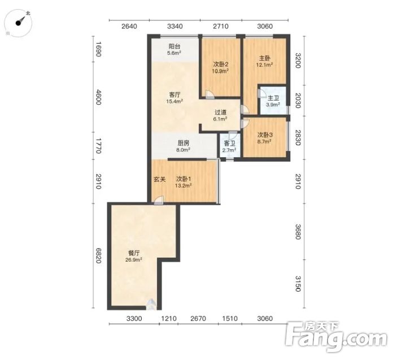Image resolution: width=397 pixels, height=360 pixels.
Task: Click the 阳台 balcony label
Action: (x=174, y=46)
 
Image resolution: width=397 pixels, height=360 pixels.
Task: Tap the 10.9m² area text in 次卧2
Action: (x=220, y=71)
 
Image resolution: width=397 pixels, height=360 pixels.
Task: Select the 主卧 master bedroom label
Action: (x=265, y=58)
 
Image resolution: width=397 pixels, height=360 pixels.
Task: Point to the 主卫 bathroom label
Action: (x=273, y=98)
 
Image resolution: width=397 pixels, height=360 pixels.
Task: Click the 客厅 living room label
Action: (x=174, y=95)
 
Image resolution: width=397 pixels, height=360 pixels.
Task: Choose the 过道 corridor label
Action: (x=220, y=112)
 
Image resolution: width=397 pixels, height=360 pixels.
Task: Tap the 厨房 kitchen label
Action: (x=184, y=143)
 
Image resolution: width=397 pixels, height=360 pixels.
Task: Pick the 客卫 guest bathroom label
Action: (x=229, y=144)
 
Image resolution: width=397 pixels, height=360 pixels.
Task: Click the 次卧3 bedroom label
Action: (x=265, y=135)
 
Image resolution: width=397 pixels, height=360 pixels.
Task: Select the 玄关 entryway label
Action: (x=160, y=179)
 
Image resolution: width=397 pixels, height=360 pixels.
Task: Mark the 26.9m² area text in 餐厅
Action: (x=133, y=259)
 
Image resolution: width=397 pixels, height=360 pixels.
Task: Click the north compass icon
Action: (x=18, y=23)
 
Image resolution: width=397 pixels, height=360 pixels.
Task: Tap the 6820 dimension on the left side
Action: (x=98, y=255)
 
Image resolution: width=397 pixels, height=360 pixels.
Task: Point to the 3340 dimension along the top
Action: (x=175, y=27)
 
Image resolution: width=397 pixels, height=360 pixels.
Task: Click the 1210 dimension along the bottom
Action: (x=169, y=318)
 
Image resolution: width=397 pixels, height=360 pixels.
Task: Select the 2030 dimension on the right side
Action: (x=298, y=101)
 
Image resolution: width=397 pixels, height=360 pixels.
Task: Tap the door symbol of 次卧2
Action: (x=210, y=94)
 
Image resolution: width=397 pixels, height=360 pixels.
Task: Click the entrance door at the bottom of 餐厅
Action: (x=151, y=305)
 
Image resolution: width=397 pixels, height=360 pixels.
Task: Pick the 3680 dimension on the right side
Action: (x=298, y=232)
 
